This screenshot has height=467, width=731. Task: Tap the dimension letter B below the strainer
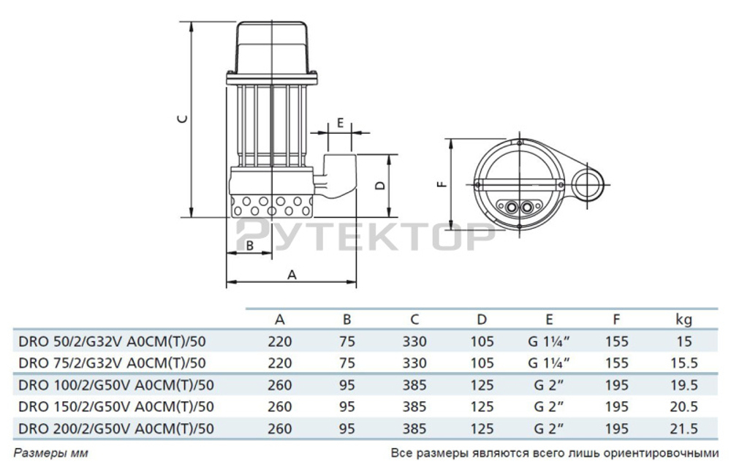point(249,246)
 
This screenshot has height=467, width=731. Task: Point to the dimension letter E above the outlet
point(339,123)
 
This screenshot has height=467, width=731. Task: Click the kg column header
point(683,319)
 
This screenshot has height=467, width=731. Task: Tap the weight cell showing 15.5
point(683,363)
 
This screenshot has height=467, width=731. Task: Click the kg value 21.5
point(683,429)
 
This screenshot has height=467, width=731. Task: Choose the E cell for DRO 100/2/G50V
point(548,385)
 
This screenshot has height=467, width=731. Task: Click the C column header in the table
point(414,319)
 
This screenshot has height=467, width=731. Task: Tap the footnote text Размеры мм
point(51,453)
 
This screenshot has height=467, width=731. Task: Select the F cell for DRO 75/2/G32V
point(618,363)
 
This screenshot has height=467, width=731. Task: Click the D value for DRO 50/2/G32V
point(482,341)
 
